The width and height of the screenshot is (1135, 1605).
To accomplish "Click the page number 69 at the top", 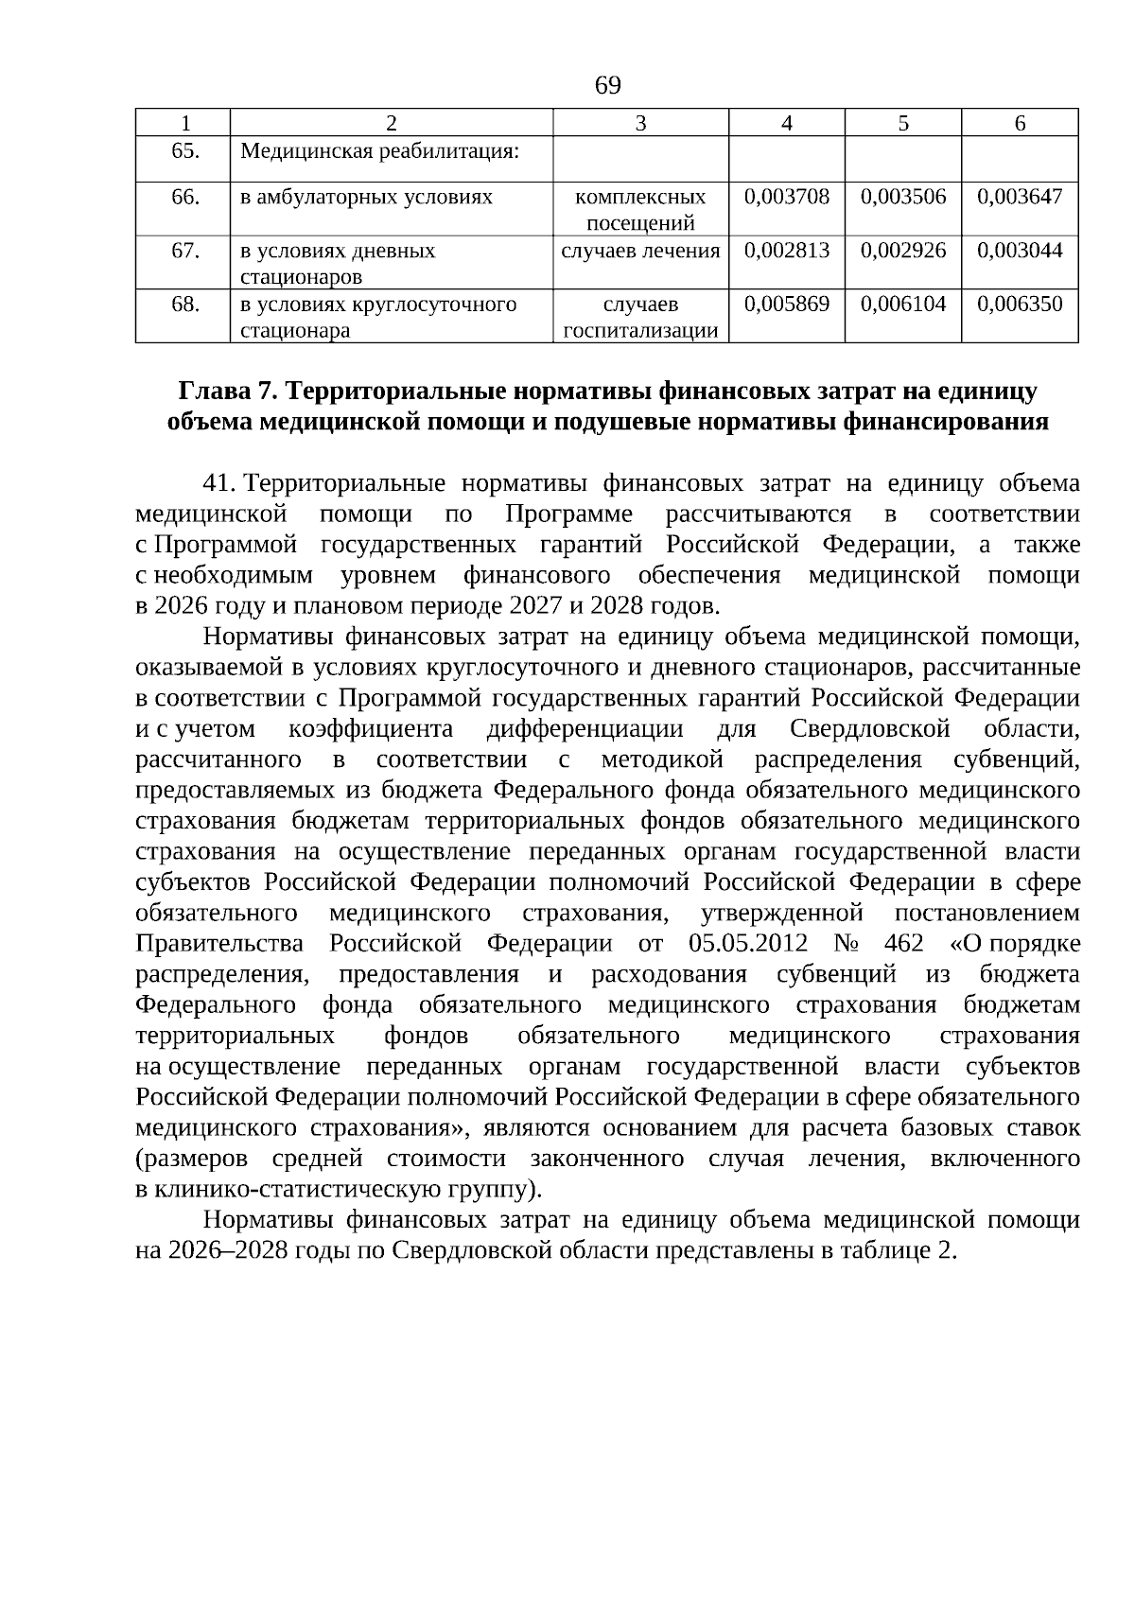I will coord(607,86).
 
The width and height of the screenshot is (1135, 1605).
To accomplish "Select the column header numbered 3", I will coord(640,123).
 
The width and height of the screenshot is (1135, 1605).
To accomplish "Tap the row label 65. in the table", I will coord(184,151).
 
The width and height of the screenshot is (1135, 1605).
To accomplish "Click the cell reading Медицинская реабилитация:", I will coord(380,151).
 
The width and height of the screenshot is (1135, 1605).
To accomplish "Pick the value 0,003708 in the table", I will coord(787,197).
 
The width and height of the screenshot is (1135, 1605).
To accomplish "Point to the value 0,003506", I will coord(903,197).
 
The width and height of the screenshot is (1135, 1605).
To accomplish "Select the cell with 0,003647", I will coord(1020,197).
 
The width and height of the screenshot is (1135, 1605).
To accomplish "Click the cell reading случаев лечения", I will coord(640,251).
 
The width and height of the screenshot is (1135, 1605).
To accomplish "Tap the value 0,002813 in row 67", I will coord(787,251).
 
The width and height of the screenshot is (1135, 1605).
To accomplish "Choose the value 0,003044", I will coord(1020,251).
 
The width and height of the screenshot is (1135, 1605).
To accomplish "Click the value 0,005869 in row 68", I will coord(787,304).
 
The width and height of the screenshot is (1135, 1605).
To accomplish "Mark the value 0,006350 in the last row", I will coord(1020,304).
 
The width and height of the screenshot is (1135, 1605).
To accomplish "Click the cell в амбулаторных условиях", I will coord(367,197).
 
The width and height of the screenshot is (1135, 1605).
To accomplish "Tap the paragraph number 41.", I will coord(218,484).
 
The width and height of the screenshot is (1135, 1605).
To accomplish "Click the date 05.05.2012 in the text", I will coord(748,944).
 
